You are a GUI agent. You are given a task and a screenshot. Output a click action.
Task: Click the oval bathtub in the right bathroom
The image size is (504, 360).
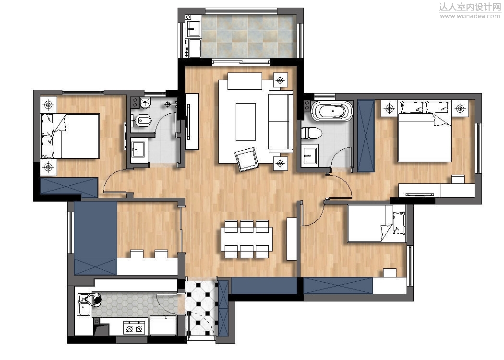point(332,111)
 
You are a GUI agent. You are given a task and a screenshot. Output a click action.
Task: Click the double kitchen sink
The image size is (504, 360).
point(83,305)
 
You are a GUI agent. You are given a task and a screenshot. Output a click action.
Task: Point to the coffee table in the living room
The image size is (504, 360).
point(246,122)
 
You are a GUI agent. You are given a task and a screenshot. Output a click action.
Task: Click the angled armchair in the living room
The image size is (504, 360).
point(247,159)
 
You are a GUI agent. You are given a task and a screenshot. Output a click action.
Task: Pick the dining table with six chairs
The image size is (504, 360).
point(247,239)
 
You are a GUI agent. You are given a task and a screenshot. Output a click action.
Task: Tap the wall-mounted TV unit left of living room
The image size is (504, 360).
point(192,121)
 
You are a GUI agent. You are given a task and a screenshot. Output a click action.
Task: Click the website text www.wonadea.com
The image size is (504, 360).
point(469,16)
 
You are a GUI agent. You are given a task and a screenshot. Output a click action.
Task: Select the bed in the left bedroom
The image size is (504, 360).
point(70,136)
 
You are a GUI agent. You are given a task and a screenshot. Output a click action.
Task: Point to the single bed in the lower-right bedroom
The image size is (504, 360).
point(376,224)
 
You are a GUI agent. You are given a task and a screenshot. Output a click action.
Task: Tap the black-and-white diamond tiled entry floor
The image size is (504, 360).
point(202,307)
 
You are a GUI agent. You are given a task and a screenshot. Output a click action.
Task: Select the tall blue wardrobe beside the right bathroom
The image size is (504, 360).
point(366,136)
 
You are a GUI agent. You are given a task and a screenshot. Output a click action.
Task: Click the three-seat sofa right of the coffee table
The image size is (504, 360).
point(281,121)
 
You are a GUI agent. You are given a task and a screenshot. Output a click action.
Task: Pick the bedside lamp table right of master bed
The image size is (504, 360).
point(460,108)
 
